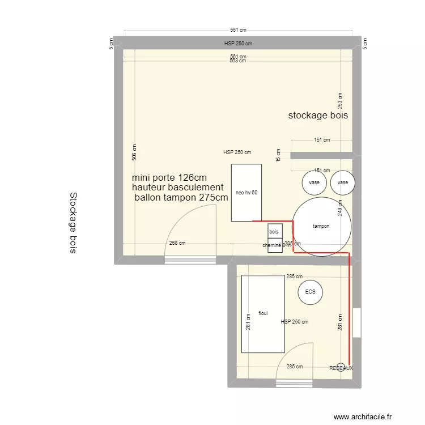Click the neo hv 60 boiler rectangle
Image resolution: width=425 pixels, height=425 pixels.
[x=246, y=193]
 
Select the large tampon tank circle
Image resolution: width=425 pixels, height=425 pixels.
[x=321, y=226]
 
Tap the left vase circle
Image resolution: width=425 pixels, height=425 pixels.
[x=313, y=182]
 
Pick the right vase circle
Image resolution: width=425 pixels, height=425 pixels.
[x=343, y=182]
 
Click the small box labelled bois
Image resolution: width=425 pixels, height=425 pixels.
[x=275, y=231]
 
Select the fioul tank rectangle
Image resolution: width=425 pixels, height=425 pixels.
[x=263, y=313]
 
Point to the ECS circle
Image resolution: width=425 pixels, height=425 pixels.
[x=310, y=292]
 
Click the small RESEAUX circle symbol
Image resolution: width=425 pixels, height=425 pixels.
[x=341, y=366]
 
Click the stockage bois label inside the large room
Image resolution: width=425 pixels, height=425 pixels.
[x=317, y=116]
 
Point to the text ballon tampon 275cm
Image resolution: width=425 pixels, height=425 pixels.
[x=181, y=198]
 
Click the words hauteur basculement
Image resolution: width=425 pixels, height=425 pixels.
[x=177, y=187]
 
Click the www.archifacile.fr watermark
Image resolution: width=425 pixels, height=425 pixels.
[x=362, y=416]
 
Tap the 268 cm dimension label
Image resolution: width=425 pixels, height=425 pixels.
[x=177, y=243]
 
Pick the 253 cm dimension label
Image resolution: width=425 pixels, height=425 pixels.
[x=340, y=100]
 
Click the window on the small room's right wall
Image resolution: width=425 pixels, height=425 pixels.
[x=356, y=322]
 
